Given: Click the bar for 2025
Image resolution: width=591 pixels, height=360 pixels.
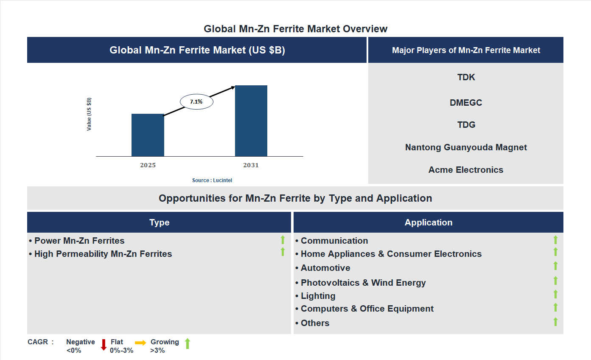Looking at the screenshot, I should [148, 135].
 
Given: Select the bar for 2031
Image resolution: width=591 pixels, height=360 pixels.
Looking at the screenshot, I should [251, 121].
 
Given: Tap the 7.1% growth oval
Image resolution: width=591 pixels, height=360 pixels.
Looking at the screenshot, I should [196, 102].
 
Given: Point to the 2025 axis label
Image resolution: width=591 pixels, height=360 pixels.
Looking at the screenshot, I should [148, 165].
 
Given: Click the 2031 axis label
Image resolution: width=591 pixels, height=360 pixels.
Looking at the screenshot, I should [251, 165].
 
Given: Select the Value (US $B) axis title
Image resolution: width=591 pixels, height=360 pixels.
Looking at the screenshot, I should [89, 114].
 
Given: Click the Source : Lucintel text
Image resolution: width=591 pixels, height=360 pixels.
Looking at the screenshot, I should [212, 180].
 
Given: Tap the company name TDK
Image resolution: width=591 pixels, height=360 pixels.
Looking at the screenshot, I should [466, 77].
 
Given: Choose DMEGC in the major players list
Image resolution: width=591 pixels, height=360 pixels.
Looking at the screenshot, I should [466, 103].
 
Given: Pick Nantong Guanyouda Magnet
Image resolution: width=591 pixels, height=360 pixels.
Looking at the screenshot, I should [466, 147].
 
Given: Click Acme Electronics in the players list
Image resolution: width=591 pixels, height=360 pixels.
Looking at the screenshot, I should [466, 170].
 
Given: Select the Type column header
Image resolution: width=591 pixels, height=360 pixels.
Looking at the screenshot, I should [159, 222].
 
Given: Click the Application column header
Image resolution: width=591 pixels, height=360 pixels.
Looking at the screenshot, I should [429, 222].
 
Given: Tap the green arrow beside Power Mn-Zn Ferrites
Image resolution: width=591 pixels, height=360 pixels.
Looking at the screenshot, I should [283, 240].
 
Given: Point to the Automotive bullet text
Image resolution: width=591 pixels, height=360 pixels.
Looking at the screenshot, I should [325, 268].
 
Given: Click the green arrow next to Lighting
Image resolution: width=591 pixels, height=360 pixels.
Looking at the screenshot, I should [555, 294].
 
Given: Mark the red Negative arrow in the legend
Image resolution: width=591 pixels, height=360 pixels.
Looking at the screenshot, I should [104, 344].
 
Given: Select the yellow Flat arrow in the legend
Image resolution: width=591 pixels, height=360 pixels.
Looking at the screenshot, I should [140, 343].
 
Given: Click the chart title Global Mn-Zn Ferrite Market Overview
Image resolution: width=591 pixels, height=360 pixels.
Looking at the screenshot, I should [295, 29].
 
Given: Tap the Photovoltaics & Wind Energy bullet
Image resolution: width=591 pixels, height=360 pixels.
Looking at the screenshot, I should [363, 283].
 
